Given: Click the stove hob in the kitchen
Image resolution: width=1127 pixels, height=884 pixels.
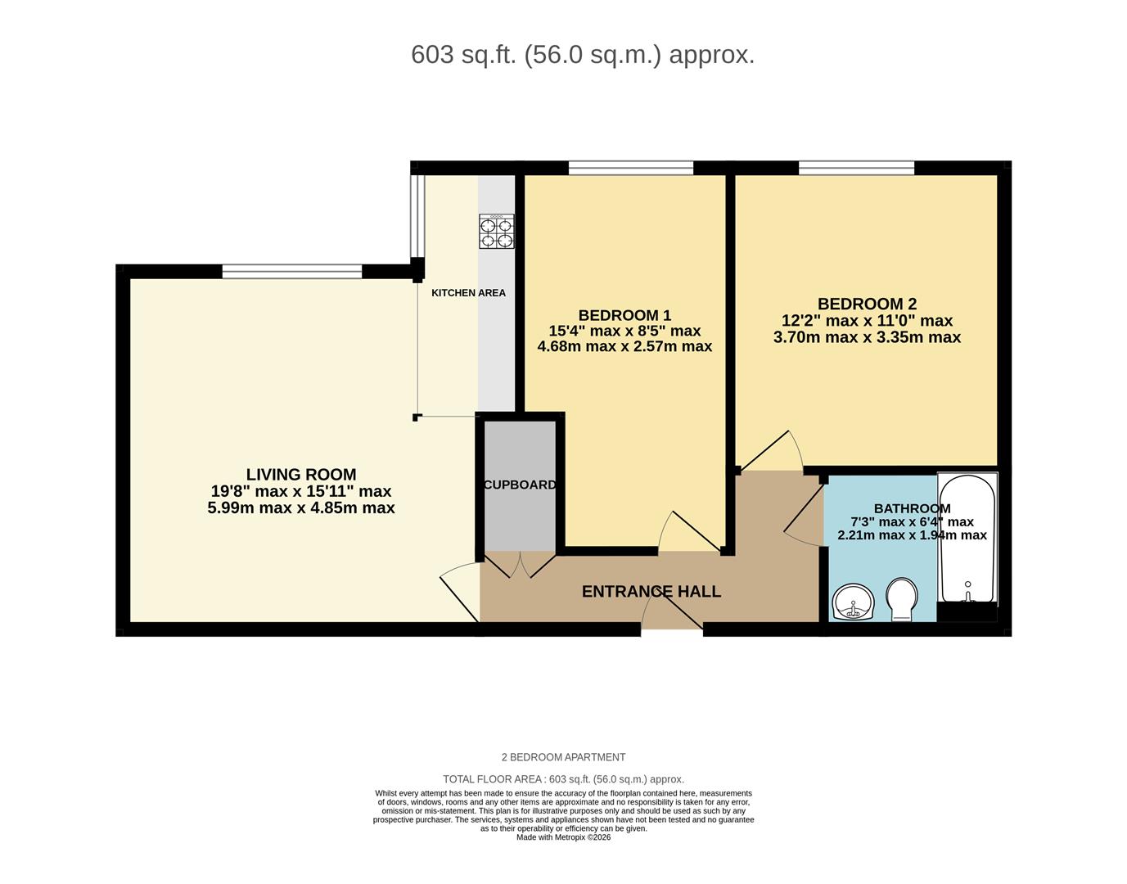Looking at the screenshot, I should tap(496, 231).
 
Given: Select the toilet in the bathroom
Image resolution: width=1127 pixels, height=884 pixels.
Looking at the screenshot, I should tap(900, 600).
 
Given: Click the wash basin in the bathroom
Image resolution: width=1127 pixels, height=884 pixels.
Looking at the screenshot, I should tap(853, 603).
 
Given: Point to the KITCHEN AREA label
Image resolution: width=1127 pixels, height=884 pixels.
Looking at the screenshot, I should tap(468, 293).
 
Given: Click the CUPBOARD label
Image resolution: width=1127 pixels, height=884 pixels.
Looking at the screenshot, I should tap(520, 485).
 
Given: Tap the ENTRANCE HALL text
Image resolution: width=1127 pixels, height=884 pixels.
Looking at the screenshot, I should tap(651, 591).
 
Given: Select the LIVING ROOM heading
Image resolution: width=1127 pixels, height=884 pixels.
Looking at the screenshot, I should tap(301, 475).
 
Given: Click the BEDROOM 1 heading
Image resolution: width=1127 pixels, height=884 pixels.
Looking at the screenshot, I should tap(624, 315).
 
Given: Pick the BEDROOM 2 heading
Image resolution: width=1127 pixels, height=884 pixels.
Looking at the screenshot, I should tap(867, 304).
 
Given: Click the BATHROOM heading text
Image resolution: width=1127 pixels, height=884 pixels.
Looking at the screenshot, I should tap(912, 508).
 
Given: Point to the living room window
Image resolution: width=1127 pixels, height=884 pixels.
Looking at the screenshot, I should tap(291, 271).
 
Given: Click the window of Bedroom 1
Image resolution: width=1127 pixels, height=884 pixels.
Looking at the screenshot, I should tap(630, 168).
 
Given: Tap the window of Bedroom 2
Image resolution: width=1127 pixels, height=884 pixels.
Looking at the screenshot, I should tap(856, 168).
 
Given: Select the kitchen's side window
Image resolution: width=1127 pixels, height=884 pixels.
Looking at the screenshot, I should tap(417, 216).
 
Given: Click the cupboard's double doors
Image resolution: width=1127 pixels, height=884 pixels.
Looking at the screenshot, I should tap(520, 564).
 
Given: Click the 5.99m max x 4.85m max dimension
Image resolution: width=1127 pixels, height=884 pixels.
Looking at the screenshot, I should tap(301, 508).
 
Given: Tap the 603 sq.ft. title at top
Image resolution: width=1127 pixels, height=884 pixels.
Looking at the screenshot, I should tap(582, 55).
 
